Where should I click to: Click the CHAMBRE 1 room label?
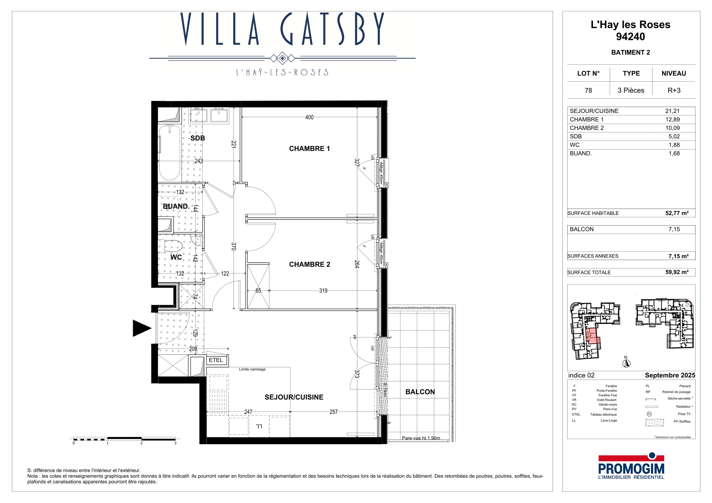pos(309,149)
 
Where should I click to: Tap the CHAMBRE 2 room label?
pos(310,265)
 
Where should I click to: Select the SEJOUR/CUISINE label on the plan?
pos(294,397)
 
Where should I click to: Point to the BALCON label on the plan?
pos(420,392)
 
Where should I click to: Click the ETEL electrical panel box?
pos(216,360)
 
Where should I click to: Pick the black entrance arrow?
pos(142,328)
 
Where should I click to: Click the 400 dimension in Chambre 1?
pos(309,117)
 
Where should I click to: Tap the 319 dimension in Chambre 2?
pos(323,291)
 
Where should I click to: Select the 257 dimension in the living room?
pos(333,412)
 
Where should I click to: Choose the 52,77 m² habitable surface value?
pos(677,213)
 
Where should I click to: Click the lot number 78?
pos(588,91)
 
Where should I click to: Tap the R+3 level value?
pos(674,91)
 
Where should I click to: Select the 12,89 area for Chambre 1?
pos(672,120)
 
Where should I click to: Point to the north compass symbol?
pos(626,362)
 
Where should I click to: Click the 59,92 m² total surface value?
pos(677,272)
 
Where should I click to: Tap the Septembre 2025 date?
pos(670,375)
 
